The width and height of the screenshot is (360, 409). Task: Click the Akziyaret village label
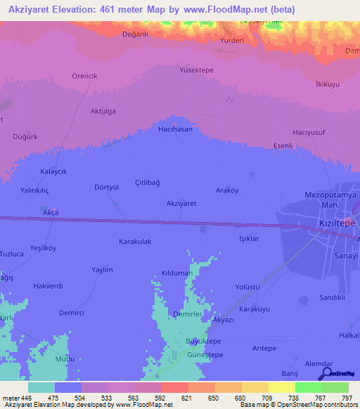point(181,203)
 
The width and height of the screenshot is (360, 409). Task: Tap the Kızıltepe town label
point(334,221)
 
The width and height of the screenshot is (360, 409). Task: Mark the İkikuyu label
point(328,84)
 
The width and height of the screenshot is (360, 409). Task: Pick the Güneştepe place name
point(205,355)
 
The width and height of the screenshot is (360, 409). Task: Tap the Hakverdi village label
point(49,286)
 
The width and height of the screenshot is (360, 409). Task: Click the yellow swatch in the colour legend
point(281,387)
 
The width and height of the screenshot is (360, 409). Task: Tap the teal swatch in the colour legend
point(41,387)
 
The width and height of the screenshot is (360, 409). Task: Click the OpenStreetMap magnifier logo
point(326,373)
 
